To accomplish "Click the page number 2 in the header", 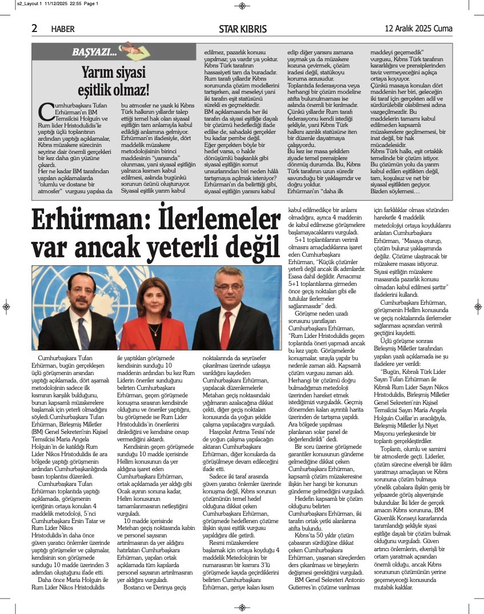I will click(x=34, y=28).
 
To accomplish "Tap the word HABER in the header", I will click(x=63, y=29).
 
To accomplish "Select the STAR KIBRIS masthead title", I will click(x=242, y=29).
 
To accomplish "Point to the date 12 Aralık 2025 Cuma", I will click(x=418, y=28).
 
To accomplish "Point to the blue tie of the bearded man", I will click(x=83, y=332).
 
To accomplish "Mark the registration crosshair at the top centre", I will click(x=242, y=6).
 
